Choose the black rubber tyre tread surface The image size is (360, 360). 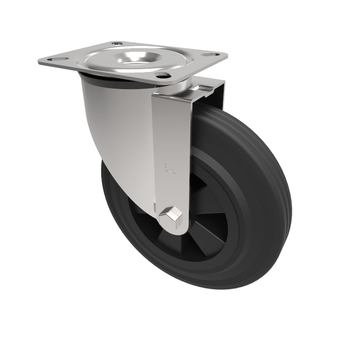pyautogui.click(x=265, y=189)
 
